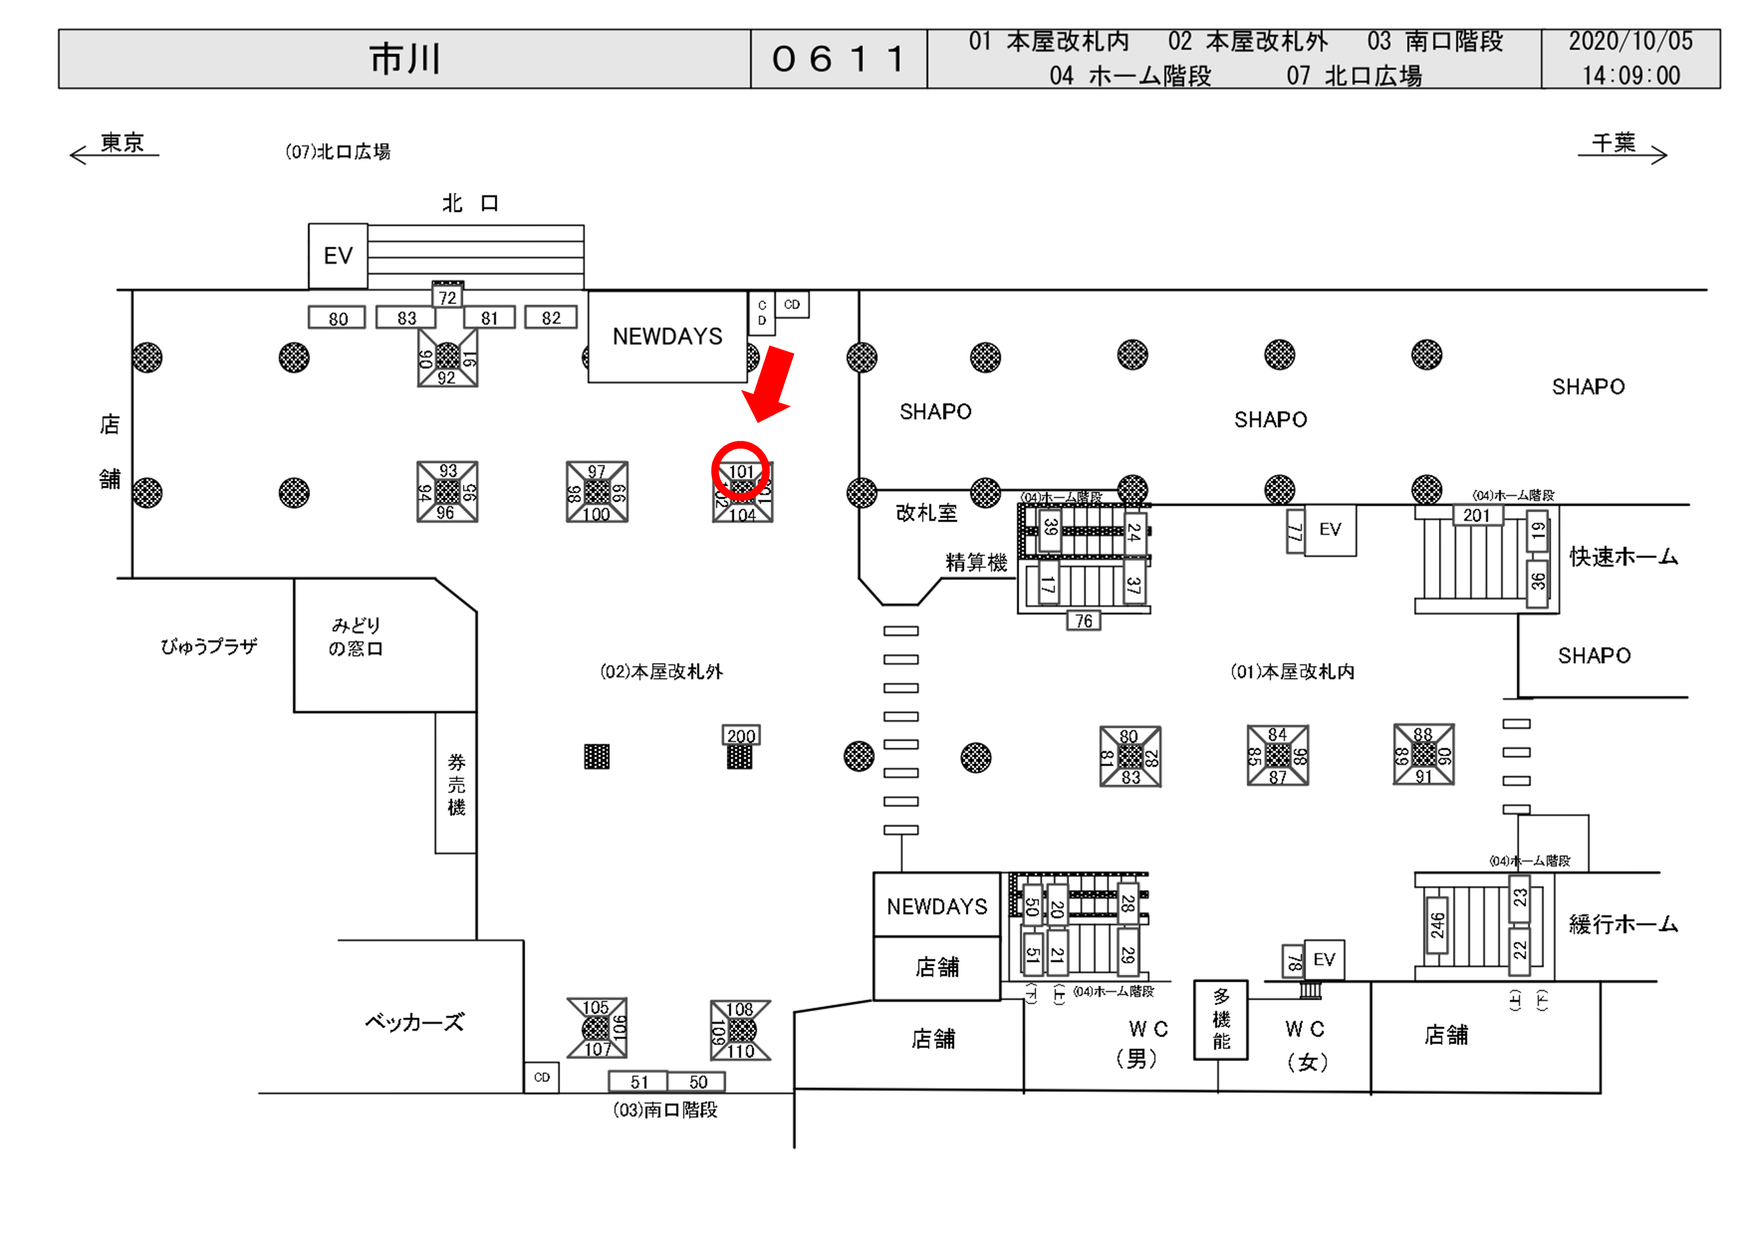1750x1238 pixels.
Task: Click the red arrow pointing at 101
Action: click(x=770, y=385)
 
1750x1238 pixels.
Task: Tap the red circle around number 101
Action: click(x=740, y=471)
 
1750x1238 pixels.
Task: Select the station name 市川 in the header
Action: click(x=405, y=59)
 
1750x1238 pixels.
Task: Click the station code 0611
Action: click(x=838, y=59)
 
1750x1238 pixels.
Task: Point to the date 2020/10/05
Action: click(x=1630, y=41)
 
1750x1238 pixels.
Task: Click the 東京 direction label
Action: click(x=122, y=143)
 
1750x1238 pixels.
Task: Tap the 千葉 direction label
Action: click(x=1614, y=143)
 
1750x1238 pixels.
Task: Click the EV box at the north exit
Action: click(x=338, y=256)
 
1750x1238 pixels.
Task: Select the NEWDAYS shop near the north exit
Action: click(x=667, y=336)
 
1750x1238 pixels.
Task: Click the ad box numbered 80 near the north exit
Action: click(x=337, y=318)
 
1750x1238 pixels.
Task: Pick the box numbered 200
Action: click(x=741, y=736)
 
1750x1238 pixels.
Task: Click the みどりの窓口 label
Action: click(x=356, y=637)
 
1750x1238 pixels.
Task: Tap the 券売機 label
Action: click(x=456, y=783)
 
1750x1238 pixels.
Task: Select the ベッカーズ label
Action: click(x=414, y=1023)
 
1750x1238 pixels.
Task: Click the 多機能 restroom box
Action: click(x=1221, y=1019)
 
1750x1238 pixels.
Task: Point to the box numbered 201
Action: click(x=1477, y=515)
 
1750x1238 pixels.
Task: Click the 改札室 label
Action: click(x=926, y=513)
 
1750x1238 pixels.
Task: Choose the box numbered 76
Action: click(x=1083, y=622)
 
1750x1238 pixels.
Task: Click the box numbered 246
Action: click(x=1437, y=925)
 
